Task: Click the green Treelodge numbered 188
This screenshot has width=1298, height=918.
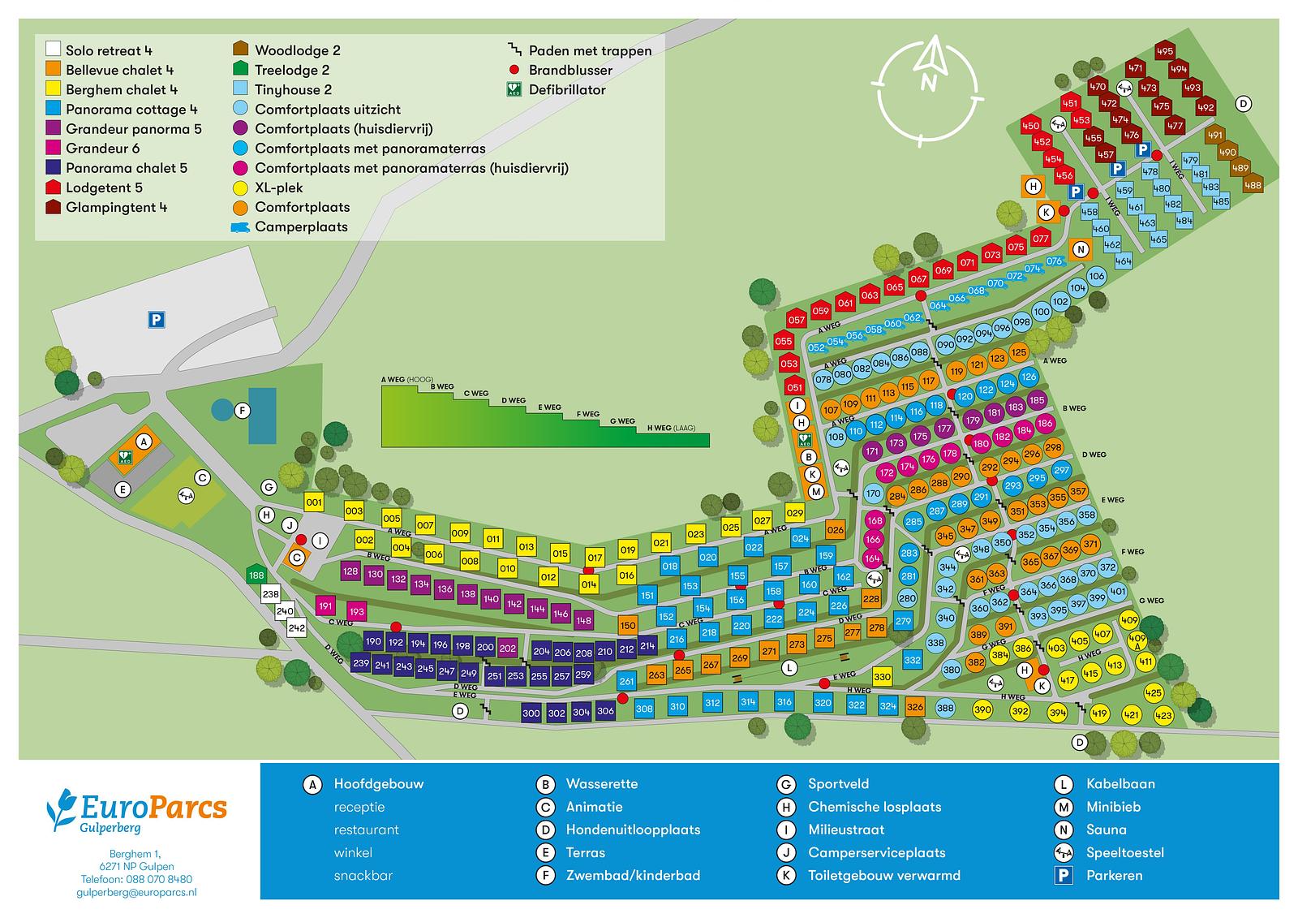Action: coord(256,575)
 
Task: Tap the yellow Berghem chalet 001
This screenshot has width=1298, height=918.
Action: coord(314,502)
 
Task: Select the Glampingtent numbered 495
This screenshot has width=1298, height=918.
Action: coord(1165,50)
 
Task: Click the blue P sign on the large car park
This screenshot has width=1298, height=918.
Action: coord(156,321)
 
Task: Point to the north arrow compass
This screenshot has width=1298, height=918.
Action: coord(929,88)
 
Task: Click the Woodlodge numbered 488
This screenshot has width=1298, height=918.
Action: coord(1253,184)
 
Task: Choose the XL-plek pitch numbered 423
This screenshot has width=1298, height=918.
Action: coord(1163,716)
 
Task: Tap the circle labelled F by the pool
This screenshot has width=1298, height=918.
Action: coord(241,411)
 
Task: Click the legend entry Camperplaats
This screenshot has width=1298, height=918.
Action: coord(301,226)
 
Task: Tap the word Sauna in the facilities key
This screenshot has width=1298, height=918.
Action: coord(1106,830)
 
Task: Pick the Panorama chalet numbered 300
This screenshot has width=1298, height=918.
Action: coord(531,713)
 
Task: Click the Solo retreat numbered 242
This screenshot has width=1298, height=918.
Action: coord(296,627)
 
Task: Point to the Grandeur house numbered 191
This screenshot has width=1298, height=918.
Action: coord(326,606)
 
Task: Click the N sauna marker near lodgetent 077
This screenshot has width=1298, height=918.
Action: coord(1080,249)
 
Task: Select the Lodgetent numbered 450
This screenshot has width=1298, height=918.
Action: coord(1030,125)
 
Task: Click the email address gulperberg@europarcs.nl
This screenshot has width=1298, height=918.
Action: coord(136,892)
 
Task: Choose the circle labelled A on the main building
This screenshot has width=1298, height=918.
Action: coord(144,442)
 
